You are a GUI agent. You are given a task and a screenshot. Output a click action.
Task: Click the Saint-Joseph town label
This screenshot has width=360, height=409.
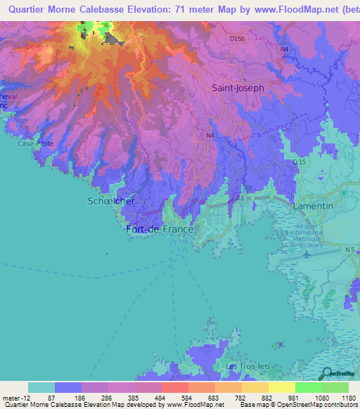click(x=238, y=88)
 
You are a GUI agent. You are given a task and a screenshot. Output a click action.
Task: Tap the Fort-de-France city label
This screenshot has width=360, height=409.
click(x=161, y=229)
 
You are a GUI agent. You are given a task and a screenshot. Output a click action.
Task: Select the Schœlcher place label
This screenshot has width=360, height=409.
click(x=111, y=201)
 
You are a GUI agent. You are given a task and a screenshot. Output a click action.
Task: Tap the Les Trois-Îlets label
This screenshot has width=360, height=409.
click(x=251, y=367)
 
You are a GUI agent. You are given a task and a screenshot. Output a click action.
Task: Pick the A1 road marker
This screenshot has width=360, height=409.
click(x=240, y=199)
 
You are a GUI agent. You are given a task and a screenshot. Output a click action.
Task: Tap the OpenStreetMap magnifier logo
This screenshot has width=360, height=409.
click(x=327, y=374)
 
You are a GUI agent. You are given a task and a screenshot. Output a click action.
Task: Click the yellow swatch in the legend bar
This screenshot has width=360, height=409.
click(x=281, y=387)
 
